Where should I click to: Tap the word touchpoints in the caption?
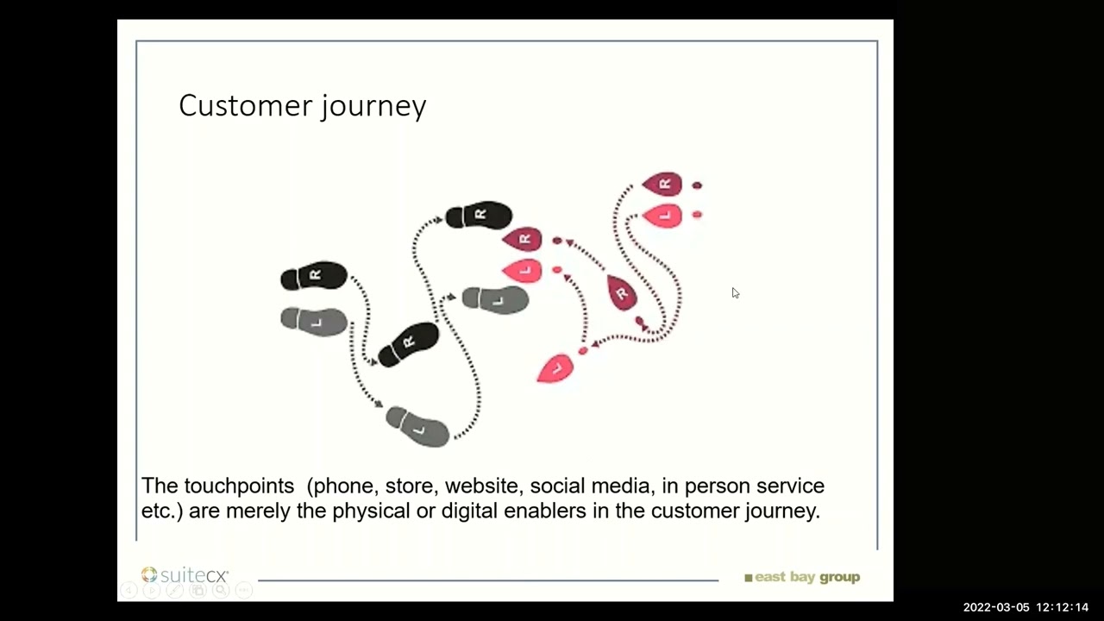(x=239, y=486)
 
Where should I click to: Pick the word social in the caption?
(x=557, y=486)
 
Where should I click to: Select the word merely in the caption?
(x=258, y=511)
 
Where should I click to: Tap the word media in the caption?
(x=620, y=486)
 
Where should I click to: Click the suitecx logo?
(x=185, y=575)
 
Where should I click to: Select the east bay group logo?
(x=802, y=577)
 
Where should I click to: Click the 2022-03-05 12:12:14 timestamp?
(x=1026, y=607)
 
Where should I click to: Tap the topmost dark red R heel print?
(x=662, y=184)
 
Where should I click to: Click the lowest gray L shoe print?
(x=418, y=426)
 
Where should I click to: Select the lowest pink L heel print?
(x=555, y=369)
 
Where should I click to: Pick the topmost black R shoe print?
(x=479, y=215)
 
